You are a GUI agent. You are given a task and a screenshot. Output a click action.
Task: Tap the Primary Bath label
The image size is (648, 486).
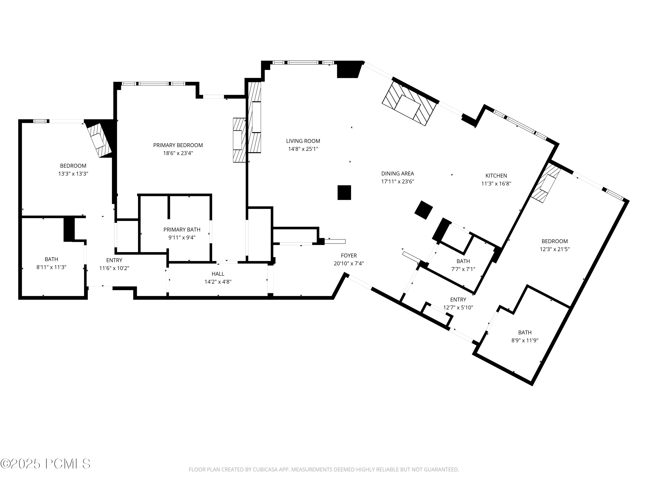(182, 230)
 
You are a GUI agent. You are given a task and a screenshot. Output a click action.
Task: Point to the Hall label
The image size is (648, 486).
(218, 274)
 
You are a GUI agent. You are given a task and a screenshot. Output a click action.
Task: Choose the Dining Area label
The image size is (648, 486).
(397, 174)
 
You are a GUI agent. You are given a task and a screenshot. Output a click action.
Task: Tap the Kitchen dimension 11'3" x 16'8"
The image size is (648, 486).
(496, 184)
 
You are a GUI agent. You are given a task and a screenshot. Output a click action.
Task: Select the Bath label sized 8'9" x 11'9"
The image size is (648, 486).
(525, 332)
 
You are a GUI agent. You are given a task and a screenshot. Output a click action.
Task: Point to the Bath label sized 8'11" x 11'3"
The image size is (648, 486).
(51, 259)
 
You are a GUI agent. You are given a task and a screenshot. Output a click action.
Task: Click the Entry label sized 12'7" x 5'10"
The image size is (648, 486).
(458, 300)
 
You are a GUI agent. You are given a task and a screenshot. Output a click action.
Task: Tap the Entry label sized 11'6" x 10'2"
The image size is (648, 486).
(114, 260)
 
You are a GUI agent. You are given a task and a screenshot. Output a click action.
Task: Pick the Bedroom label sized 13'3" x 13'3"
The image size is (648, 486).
(73, 166)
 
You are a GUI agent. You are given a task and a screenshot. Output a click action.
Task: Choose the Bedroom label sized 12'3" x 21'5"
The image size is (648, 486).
(554, 241)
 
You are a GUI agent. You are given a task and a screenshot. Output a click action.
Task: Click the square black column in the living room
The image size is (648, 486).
(344, 192)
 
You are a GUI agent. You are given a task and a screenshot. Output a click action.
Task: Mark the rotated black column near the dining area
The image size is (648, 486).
(424, 210)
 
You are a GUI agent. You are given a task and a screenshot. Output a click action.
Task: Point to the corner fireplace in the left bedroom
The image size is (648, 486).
(100, 139)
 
